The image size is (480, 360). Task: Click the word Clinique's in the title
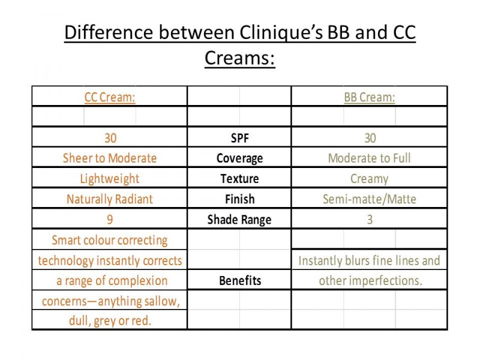[281, 33]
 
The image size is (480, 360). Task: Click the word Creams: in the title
[239, 58]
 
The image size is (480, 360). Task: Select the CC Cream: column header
[110, 97]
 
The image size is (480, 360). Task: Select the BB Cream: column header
[370, 97]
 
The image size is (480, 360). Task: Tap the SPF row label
[239, 138]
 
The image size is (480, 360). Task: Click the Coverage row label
[239, 158]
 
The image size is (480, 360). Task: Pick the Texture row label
[239, 178]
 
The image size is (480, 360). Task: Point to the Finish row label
[239, 199]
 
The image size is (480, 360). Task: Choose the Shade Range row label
[239, 220]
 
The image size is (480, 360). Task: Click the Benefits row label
[240, 280]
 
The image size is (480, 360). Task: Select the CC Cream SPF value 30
[110, 138]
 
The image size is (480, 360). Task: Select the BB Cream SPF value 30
[370, 138]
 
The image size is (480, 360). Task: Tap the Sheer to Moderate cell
[110, 158]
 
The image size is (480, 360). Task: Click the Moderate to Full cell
[370, 158]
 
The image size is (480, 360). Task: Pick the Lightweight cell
[110, 179]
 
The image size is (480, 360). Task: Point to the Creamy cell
[370, 179]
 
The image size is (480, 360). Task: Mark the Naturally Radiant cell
[110, 199]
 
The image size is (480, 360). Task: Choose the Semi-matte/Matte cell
[370, 199]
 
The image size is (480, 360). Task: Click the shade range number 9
[110, 220]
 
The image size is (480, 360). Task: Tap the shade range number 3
[370, 220]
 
